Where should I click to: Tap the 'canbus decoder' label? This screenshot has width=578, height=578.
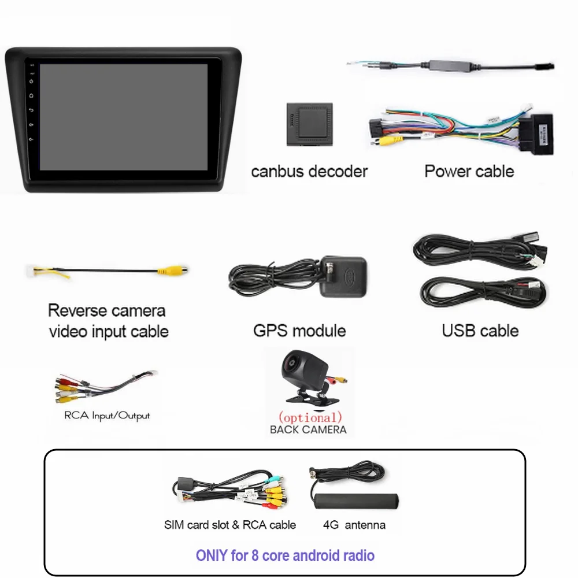point(309,172)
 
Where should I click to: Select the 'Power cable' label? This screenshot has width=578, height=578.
point(469,171)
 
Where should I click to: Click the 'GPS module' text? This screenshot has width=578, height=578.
point(299,331)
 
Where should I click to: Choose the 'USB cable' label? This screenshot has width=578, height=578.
point(480,331)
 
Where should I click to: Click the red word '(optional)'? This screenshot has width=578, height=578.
point(310,417)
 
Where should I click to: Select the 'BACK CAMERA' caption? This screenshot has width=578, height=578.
point(308,429)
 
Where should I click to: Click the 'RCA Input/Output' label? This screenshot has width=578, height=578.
point(107,416)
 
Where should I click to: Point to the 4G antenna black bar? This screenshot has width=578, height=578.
point(357,501)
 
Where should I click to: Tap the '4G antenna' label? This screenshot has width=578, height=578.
point(354,525)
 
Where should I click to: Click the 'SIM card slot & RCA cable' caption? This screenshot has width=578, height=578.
point(229,525)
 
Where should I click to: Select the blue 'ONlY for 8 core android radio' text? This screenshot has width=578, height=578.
point(285,555)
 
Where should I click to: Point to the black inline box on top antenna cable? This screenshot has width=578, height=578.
point(450,64)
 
